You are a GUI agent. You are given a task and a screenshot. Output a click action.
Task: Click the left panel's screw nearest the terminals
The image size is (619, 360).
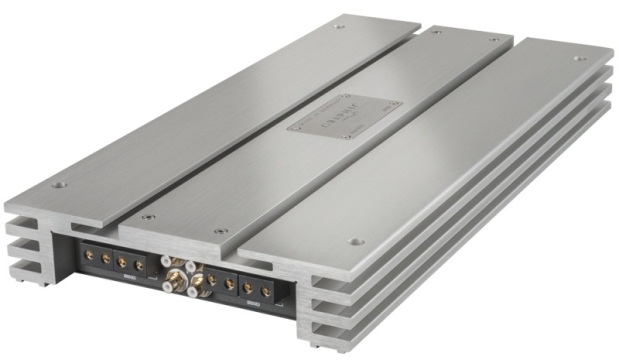pyautogui.click(x=59, y=186)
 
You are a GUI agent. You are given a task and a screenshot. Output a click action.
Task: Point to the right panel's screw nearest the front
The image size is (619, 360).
pyautogui.click(x=357, y=241)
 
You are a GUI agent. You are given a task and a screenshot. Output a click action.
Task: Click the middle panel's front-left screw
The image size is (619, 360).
pyautogui.click(x=148, y=217)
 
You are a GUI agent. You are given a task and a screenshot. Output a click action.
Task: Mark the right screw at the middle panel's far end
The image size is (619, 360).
pyautogui.click(x=493, y=40)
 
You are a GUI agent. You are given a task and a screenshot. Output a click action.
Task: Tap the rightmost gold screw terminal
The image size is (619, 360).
pyautogui.click(x=266, y=292)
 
